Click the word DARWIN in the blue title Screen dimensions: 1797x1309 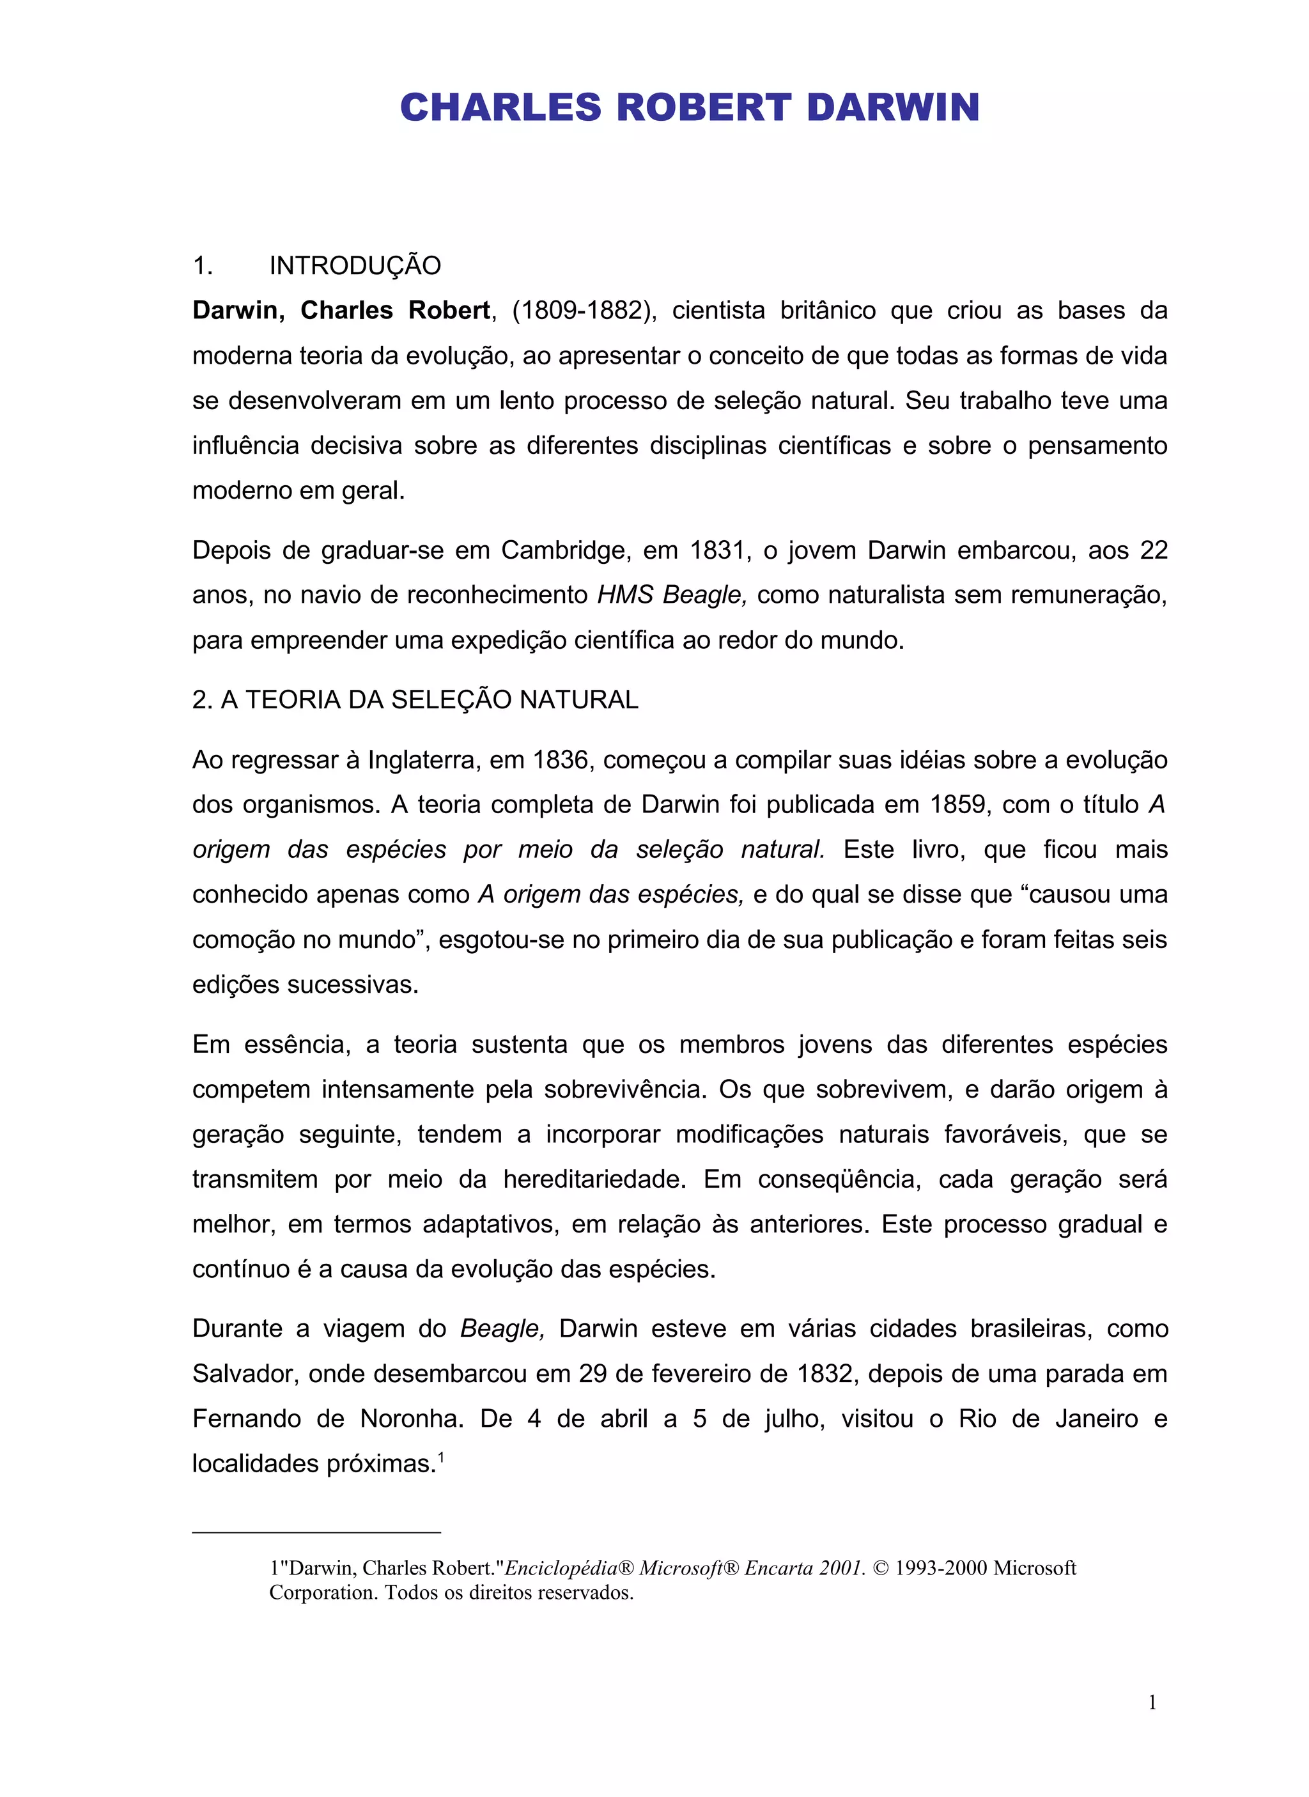pyautogui.click(x=893, y=108)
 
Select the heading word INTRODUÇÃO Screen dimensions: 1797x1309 pyautogui.click(x=355, y=265)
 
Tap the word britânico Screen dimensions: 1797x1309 pyautogui.click(x=827, y=311)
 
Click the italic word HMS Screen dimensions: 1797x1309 pyautogui.click(x=624, y=595)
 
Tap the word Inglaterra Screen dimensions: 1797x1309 pyautogui.click(x=423, y=760)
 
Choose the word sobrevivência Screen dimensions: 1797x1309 pyautogui.click(x=624, y=1089)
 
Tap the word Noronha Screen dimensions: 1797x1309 pyautogui.click(x=411, y=1419)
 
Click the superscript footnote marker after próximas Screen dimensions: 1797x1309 pyautogui.click(x=440, y=1455)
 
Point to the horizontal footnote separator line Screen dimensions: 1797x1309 pyautogui.click(x=316, y=1532)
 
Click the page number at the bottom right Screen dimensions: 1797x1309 pyautogui.click(x=1152, y=1702)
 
